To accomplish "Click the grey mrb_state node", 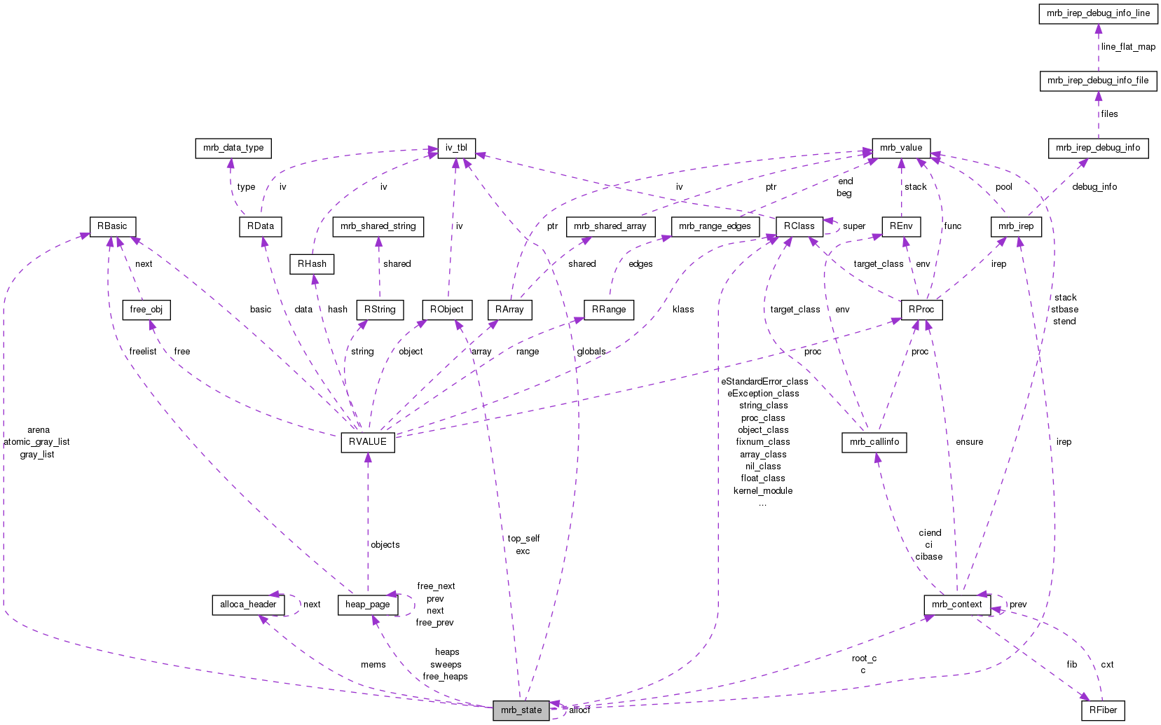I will (521, 710).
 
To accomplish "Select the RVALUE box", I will (368, 442).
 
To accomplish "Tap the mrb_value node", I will (901, 148).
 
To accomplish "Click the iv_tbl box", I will (456, 148).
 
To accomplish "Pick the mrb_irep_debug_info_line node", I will (1098, 13).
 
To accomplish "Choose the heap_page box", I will (368, 605).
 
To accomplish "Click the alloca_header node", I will (248, 605).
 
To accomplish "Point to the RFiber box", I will (1103, 710).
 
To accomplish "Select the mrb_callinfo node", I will (874, 442).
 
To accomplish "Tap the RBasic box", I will (112, 226).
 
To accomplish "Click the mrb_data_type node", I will (233, 148).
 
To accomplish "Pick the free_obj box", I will (146, 310).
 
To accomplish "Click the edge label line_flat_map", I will (1128, 47).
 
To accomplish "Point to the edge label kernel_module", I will (763, 491).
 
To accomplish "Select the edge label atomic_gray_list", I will (37, 442).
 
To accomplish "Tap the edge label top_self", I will (523, 539).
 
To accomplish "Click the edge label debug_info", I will (1094, 187).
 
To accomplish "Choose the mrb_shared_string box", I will (378, 226).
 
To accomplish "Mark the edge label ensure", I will (969, 442).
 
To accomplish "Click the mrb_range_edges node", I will (715, 226).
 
